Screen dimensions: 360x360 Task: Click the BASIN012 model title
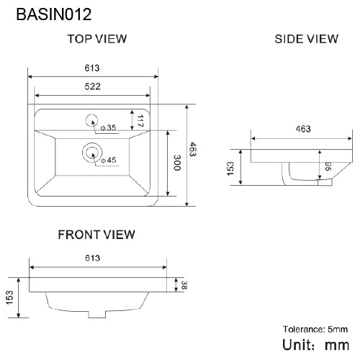coord(48,13)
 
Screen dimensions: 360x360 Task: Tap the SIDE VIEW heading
coord(306,39)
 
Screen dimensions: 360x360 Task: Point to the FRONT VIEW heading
coord(96,235)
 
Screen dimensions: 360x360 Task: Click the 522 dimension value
coord(92,86)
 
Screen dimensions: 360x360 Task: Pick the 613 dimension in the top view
coord(92,68)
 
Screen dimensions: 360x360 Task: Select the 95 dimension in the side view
coord(327,168)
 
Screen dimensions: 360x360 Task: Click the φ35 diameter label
coord(109,128)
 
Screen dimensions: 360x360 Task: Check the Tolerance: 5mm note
coord(315,329)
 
